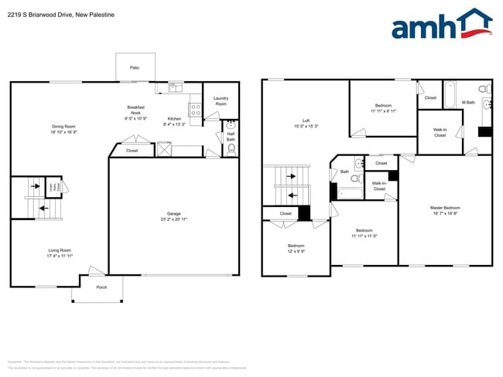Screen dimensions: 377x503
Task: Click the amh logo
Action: (x=441, y=25)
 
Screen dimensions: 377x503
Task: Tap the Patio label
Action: (x=135, y=68)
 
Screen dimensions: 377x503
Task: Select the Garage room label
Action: (x=173, y=216)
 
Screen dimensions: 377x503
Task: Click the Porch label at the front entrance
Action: (x=101, y=287)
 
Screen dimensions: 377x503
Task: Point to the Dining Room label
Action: (x=63, y=129)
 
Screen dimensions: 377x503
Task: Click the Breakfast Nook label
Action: (x=136, y=112)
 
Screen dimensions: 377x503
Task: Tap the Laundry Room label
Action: (x=221, y=101)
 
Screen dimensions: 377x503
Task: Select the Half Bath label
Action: (x=231, y=137)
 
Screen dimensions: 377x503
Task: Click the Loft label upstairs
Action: (x=306, y=123)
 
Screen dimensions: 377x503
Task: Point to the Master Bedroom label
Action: (x=445, y=210)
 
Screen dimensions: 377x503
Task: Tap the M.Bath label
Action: (x=468, y=102)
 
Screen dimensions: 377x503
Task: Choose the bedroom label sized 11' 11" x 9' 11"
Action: (x=383, y=108)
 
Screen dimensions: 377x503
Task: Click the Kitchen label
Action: (x=174, y=121)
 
